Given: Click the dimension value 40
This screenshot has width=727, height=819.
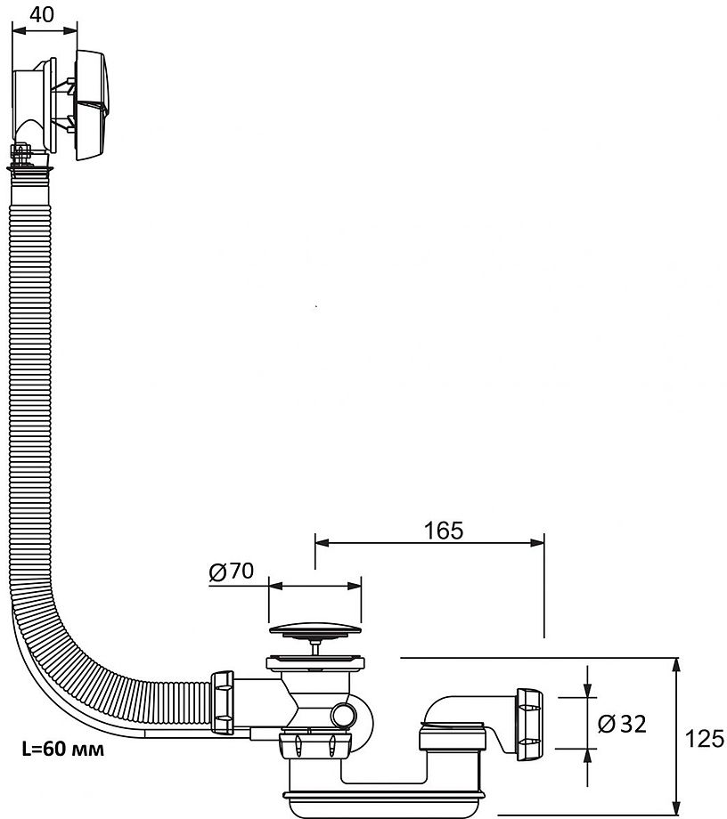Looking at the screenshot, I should click(41, 14).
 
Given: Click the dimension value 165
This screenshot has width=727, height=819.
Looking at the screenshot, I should click(443, 531).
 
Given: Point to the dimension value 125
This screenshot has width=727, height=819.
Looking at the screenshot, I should click(703, 738).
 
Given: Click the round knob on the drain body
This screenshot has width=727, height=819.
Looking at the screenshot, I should click(341, 715).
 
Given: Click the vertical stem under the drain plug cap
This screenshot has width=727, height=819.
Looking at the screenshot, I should click(314, 647).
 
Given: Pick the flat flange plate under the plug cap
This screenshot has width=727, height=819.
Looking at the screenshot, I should click(314, 661).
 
